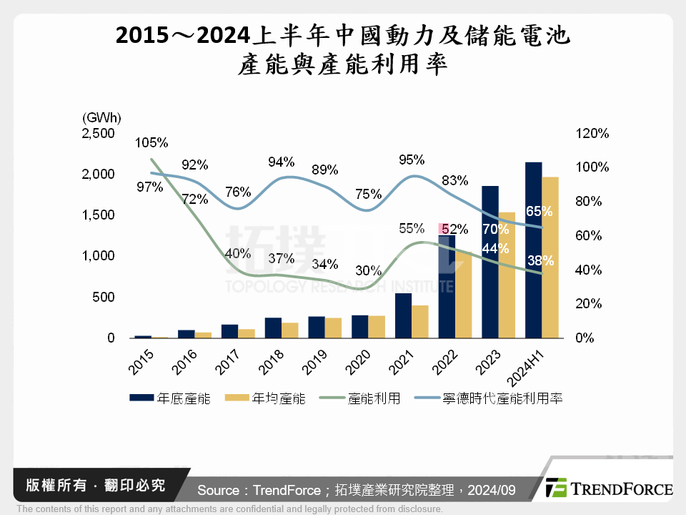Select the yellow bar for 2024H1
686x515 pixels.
550,257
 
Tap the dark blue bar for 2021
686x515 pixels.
403,315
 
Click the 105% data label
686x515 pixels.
151,142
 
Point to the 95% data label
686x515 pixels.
412,160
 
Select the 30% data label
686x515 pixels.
368,271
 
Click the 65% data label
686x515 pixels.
539,211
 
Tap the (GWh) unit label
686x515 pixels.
101,117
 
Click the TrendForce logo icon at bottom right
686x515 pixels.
556,488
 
